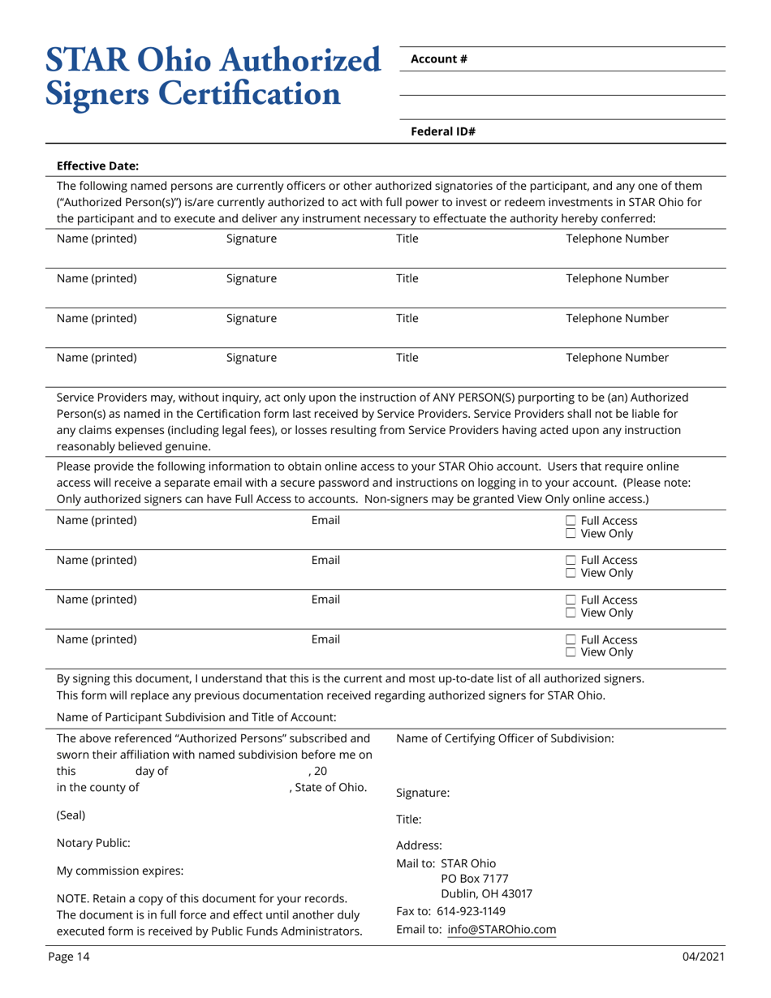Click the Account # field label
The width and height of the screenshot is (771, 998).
(x=438, y=58)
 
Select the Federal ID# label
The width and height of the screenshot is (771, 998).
(x=442, y=131)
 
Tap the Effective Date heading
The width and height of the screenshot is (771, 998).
(x=97, y=166)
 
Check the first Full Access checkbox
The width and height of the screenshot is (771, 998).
(x=571, y=521)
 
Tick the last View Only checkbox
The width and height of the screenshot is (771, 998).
(x=571, y=652)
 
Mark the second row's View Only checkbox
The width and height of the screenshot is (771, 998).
(x=571, y=574)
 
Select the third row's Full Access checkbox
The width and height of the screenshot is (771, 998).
(x=571, y=600)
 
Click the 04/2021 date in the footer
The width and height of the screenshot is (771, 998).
(x=702, y=957)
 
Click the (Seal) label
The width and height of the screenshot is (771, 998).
(x=71, y=815)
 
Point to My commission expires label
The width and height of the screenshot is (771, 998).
(x=119, y=871)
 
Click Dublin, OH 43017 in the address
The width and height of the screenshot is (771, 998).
(x=486, y=894)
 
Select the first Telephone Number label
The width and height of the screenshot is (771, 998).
(x=617, y=239)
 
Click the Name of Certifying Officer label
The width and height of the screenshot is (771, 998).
(x=504, y=738)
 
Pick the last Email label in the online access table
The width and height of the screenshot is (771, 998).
(x=325, y=639)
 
